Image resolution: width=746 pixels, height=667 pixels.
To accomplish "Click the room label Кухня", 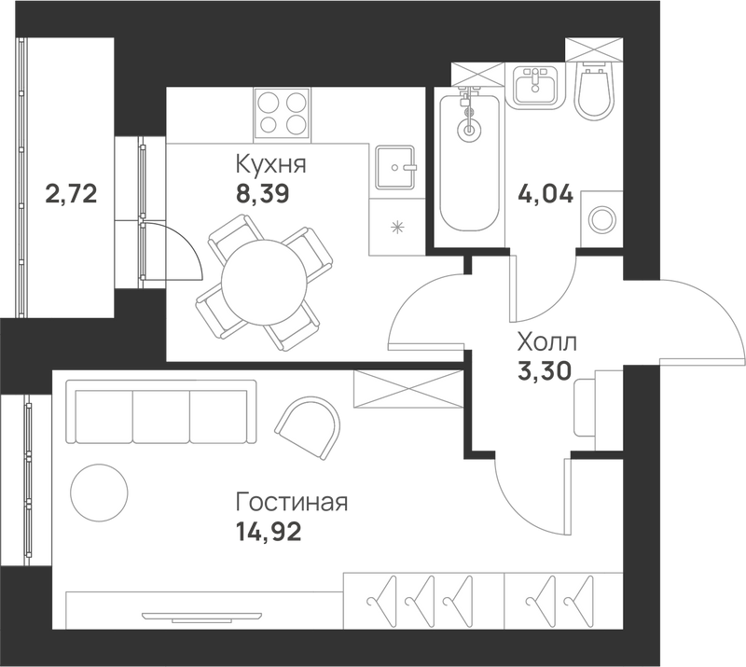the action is tap(270, 164).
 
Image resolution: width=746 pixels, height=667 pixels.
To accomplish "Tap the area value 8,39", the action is tap(263, 194).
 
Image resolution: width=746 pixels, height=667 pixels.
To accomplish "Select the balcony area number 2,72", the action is tap(72, 194).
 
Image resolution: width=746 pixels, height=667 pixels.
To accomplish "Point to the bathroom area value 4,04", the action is tap(546, 195).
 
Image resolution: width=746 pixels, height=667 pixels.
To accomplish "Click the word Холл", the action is tap(547, 341).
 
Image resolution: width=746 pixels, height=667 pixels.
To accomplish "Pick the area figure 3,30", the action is tap(545, 371).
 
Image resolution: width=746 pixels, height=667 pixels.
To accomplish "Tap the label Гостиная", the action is tap(292, 502).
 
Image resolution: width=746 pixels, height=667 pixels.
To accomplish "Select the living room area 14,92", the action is tap(269, 532).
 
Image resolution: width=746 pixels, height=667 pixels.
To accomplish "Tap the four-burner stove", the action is tap(283, 115).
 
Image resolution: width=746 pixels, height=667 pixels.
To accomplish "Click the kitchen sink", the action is tap(395, 168).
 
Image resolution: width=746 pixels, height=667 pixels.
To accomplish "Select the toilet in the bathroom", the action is tap(593, 91).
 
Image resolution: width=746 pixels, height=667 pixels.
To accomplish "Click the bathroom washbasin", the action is tap(535, 86).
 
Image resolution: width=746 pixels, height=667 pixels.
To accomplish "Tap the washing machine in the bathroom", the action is tap(601, 219).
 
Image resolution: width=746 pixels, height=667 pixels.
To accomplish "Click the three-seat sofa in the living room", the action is tap(161, 411).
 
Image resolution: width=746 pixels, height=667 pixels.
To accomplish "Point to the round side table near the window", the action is tap(100, 493).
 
